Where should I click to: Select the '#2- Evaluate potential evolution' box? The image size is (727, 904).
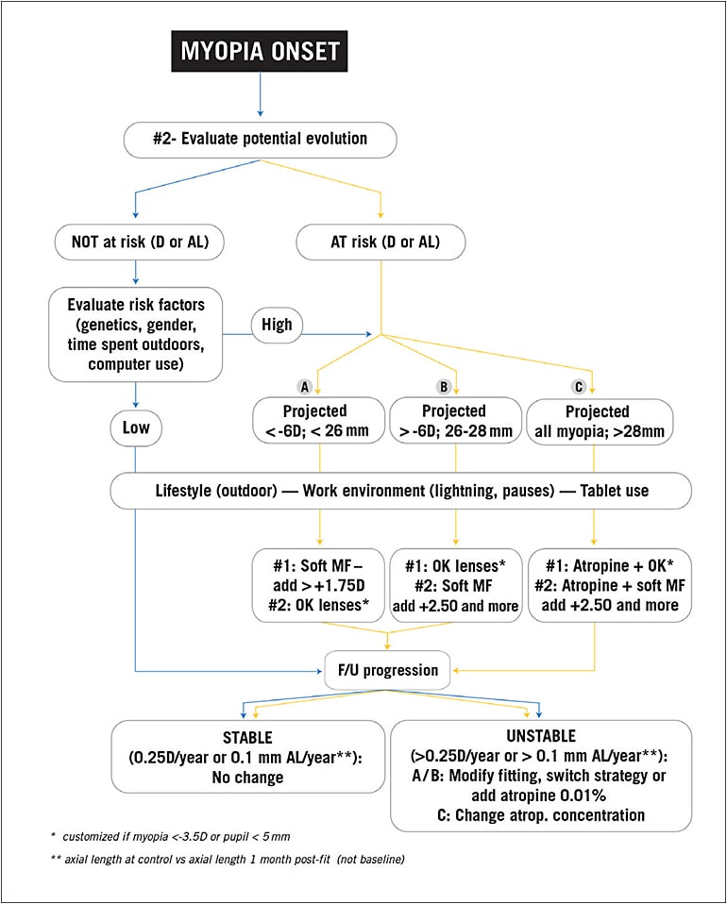260,138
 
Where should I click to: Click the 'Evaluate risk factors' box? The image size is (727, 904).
136,333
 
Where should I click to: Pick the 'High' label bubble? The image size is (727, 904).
278,325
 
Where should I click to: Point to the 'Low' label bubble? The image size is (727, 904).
136,428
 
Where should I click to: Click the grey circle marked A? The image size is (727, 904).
304,386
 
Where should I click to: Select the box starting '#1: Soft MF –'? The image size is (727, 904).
317,584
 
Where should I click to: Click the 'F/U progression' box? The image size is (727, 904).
387,670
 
